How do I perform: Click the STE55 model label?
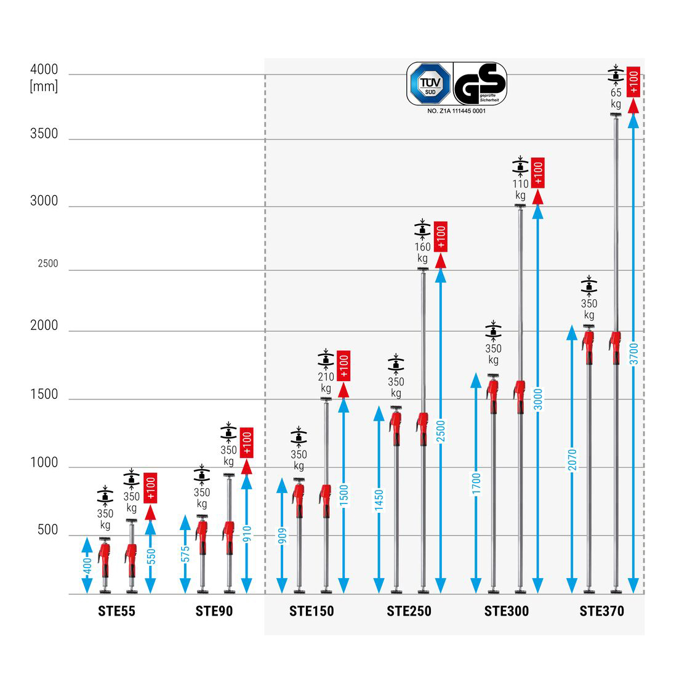[x=116, y=611]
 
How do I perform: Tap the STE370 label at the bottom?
[x=601, y=611]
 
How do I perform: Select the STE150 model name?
[x=311, y=611]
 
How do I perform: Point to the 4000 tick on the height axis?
[x=44, y=70]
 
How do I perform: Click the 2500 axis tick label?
[x=48, y=263]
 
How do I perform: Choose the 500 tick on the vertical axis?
[x=47, y=529]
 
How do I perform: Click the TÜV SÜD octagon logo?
[x=428, y=84]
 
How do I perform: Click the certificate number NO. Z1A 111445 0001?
[x=456, y=111]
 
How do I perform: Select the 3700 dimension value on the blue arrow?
[x=634, y=354]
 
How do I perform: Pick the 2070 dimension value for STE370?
[x=573, y=460]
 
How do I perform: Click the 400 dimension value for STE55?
[x=87, y=565]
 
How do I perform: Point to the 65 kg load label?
[x=616, y=98]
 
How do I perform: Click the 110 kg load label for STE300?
[x=521, y=189]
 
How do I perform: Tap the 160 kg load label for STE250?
[x=422, y=252]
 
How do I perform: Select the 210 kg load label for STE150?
[x=326, y=382]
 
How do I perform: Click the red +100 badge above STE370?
[x=633, y=82]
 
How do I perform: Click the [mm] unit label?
[x=44, y=86]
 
